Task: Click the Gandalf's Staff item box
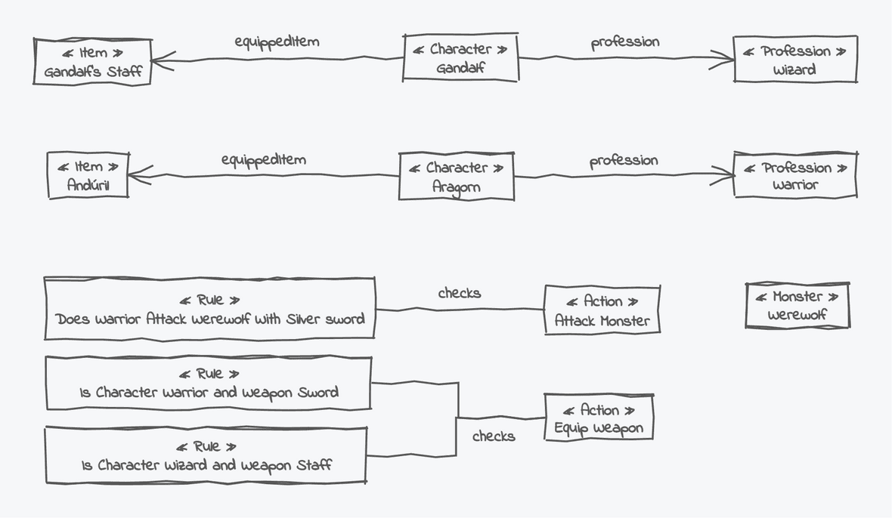click(92, 62)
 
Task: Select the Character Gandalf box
click(460, 58)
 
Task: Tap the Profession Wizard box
click(794, 60)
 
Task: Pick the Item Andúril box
click(88, 175)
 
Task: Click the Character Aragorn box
click(456, 177)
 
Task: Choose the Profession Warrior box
click(794, 175)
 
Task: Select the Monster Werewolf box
click(797, 306)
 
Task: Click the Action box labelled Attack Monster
click(602, 310)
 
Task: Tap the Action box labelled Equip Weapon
click(598, 418)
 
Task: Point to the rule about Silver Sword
click(209, 309)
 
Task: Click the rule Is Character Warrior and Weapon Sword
click(209, 384)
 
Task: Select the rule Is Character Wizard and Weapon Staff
click(206, 455)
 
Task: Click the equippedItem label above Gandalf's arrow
click(277, 42)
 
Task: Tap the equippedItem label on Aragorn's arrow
click(263, 160)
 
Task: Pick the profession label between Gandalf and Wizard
click(624, 42)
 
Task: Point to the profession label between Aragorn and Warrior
click(624, 161)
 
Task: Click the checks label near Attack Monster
click(459, 293)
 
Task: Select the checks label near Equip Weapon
click(494, 436)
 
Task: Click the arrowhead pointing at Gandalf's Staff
click(160, 61)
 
